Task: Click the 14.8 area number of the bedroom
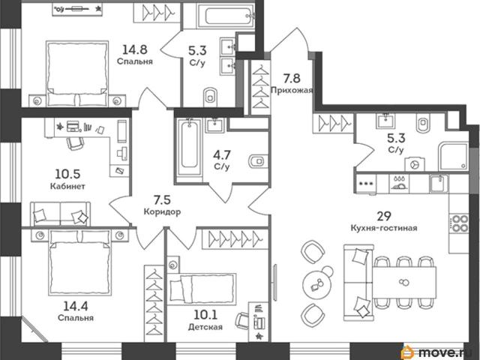[x=135, y=49]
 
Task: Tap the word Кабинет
[x=67, y=186]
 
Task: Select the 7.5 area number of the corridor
[x=162, y=200]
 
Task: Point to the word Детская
[x=205, y=327]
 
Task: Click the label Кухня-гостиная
[x=384, y=228]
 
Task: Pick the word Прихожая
[x=292, y=91]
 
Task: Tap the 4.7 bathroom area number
[x=222, y=155]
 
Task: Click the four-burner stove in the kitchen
[x=458, y=223]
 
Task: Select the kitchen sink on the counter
[x=439, y=183]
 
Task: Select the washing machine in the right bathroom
[x=415, y=164]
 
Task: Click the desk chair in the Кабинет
[x=75, y=143]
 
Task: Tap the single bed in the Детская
[x=202, y=289]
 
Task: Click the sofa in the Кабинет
[x=60, y=213]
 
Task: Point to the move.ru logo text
[x=448, y=352]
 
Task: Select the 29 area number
[x=384, y=216]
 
